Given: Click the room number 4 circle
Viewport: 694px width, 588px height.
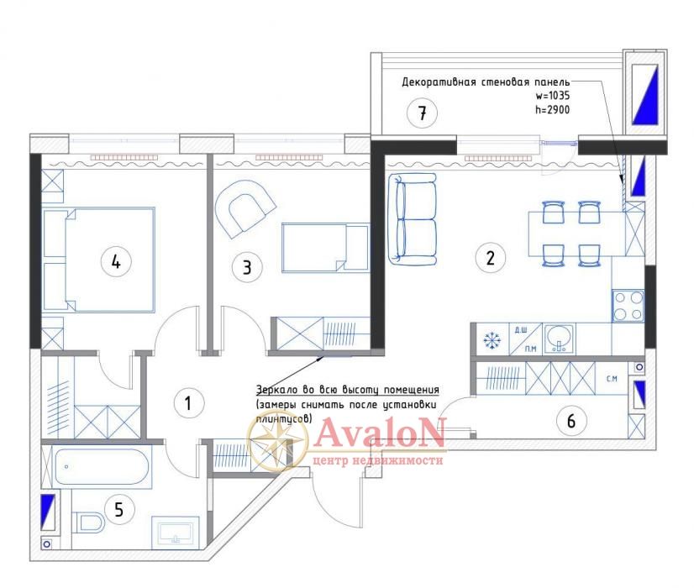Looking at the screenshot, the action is tap(115, 261).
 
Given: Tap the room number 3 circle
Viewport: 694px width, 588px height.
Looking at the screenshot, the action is tap(247, 267).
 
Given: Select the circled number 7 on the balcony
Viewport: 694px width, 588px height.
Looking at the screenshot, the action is tap(423, 113).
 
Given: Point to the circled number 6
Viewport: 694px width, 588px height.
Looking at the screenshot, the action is tap(571, 421).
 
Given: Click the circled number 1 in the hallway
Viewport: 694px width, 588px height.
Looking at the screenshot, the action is tap(188, 403).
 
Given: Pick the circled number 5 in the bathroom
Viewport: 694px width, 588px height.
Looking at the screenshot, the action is tap(118, 509).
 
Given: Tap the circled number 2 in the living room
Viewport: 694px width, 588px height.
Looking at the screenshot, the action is tap(490, 257).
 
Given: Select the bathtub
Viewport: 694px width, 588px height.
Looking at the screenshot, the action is tap(102, 467).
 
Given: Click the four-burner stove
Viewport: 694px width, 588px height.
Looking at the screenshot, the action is tap(628, 305).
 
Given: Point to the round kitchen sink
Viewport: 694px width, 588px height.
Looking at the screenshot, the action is tap(559, 338).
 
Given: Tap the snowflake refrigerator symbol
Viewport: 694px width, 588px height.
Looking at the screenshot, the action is tap(491, 340).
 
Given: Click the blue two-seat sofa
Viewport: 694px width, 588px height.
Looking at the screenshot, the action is tap(412, 219).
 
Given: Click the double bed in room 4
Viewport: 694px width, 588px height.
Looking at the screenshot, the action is tap(99, 260).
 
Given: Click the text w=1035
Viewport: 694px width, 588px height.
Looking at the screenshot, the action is tap(552, 96).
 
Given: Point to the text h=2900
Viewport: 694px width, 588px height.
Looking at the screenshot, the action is tap(552, 110).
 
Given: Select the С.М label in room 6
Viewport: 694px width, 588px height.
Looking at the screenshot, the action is tap(612, 379).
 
